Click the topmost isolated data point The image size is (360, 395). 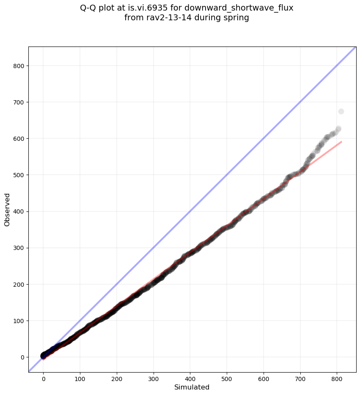click(341, 112)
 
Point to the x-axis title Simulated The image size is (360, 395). click(192, 387)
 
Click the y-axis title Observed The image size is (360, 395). click(7, 210)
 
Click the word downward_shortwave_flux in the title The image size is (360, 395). click(239, 8)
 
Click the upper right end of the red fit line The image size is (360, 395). click(341, 142)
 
